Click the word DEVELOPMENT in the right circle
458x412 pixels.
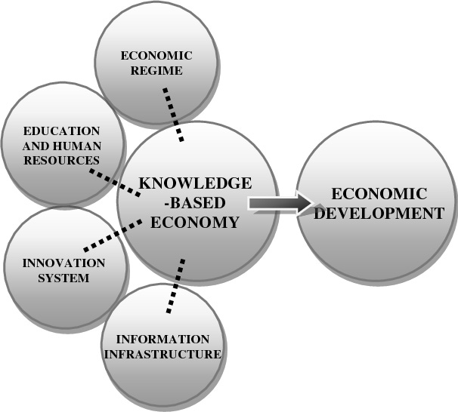coord(379,213)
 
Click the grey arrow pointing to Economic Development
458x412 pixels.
coord(280,202)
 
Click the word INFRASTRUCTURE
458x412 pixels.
coord(163,353)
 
